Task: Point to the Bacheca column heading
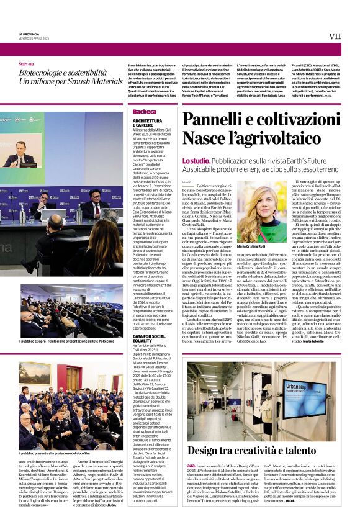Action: point(144,112)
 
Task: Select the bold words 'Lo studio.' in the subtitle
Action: point(196,160)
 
